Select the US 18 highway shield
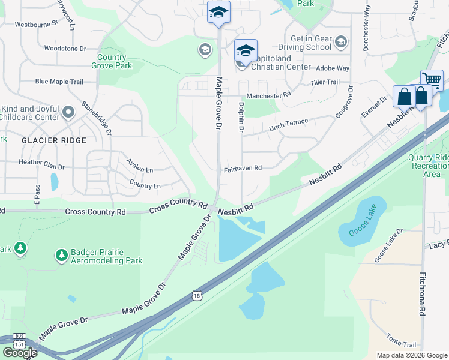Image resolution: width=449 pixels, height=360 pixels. click(197, 295)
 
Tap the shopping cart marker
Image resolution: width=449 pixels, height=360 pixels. click(432, 80)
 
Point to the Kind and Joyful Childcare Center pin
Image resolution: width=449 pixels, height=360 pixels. click(68, 112)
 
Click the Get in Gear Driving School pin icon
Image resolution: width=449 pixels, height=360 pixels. click(341, 42)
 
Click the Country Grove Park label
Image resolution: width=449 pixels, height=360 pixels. click(112, 62)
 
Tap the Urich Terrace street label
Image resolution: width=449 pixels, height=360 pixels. click(288, 125)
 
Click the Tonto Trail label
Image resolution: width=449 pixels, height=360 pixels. click(401, 341)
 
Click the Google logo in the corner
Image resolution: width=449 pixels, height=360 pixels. click(19, 353)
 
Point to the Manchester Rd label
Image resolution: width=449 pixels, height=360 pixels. click(268, 95)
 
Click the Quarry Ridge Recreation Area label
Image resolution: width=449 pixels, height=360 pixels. click(429, 166)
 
